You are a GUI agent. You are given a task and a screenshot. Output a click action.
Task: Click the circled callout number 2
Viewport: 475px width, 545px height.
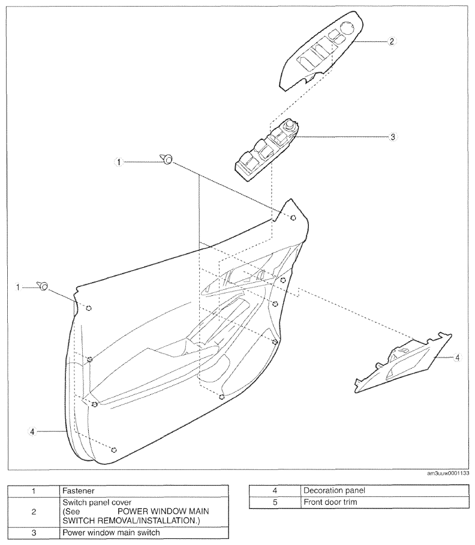392,41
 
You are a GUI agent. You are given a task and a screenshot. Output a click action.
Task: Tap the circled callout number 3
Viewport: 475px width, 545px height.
393,137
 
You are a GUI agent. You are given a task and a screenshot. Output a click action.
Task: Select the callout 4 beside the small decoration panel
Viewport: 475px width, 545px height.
457,357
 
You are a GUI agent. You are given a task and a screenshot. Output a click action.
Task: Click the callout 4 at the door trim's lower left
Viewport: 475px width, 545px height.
32,432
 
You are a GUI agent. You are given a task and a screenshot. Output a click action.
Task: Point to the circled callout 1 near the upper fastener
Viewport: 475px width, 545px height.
119,162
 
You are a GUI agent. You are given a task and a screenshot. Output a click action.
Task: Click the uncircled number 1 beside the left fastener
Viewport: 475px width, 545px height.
18,288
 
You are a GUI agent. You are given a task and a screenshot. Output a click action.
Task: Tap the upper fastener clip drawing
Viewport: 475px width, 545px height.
166,159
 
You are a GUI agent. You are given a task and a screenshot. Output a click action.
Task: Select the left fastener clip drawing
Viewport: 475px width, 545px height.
43,286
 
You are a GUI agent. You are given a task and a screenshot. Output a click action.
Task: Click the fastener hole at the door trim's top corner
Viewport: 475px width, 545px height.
293,218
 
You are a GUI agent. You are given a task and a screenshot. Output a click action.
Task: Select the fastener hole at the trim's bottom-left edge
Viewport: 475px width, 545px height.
113,450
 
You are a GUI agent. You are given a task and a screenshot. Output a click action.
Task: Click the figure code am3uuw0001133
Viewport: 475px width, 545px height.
448,474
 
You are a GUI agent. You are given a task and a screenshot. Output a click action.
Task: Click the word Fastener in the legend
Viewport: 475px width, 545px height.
79,491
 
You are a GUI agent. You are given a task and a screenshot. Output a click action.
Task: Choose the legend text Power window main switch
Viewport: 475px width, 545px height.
111,532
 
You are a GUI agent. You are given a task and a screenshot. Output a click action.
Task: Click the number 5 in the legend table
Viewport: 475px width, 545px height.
275,502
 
